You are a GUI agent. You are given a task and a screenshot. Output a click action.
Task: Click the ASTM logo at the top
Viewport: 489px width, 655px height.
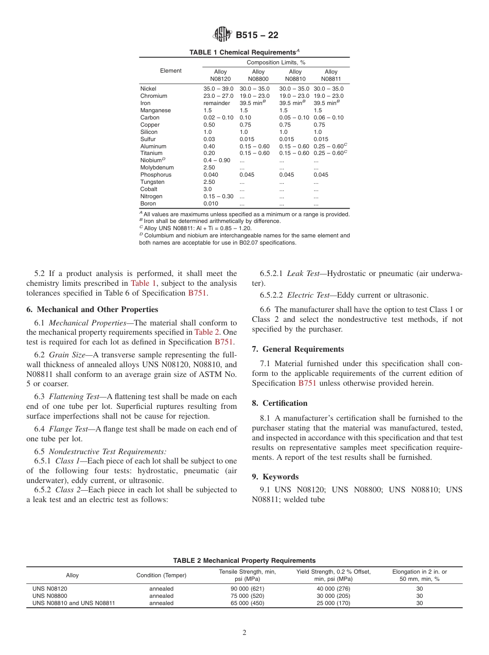point(223,35)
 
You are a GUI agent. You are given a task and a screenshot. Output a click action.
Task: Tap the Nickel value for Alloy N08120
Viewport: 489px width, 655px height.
point(218,89)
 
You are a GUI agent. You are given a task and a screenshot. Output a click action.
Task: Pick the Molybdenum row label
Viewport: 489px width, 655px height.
point(157,167)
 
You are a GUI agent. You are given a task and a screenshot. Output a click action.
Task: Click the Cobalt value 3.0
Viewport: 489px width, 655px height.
point(207,189)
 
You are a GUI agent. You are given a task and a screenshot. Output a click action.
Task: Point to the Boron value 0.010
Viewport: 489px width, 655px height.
point(211,203)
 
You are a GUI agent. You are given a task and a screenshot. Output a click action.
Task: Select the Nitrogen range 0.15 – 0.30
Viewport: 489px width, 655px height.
point(218,196)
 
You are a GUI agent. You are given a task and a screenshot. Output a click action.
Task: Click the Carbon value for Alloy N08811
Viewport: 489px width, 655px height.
point(328,117)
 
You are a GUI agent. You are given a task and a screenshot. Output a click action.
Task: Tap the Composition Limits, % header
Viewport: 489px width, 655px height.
point(276,62)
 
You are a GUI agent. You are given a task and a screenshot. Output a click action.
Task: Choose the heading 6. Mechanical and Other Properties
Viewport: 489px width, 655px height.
point(92,309)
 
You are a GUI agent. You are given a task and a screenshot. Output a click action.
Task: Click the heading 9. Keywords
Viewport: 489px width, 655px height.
point(275,476)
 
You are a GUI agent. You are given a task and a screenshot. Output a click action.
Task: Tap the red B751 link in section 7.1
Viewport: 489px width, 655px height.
point(307,383)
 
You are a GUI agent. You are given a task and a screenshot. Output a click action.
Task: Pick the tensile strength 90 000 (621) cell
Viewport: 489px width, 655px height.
point(247,589)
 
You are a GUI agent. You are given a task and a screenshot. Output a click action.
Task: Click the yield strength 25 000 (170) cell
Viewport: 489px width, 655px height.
point(333,603)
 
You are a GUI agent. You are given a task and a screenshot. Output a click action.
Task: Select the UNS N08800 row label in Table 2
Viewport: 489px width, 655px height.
point(50,596)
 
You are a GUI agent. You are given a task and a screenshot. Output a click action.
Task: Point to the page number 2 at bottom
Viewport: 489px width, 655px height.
point(244,633)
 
